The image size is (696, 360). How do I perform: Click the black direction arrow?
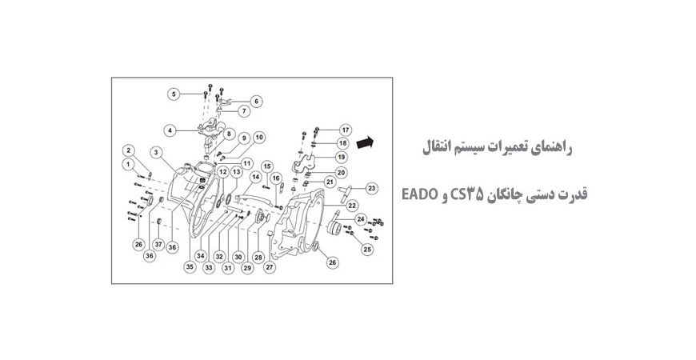coord(366,142)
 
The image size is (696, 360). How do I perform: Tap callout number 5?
coord(173,94)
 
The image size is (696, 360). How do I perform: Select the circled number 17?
coord(345,129)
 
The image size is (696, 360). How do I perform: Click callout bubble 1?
coord(127,163)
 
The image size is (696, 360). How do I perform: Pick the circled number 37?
coord(158,244)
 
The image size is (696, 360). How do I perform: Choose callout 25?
coord(367,249)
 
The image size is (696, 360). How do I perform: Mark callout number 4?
coord(170,130)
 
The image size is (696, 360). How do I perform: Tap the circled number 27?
coord(270,268)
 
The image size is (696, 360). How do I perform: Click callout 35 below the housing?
coord(190,266)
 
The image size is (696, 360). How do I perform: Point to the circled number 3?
coord(156,152)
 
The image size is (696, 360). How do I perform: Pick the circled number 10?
coord(258,137)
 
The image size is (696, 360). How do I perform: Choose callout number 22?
coord(351,205)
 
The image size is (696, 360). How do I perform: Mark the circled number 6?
coord(256,102)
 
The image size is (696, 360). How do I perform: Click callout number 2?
coord(128,150)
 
